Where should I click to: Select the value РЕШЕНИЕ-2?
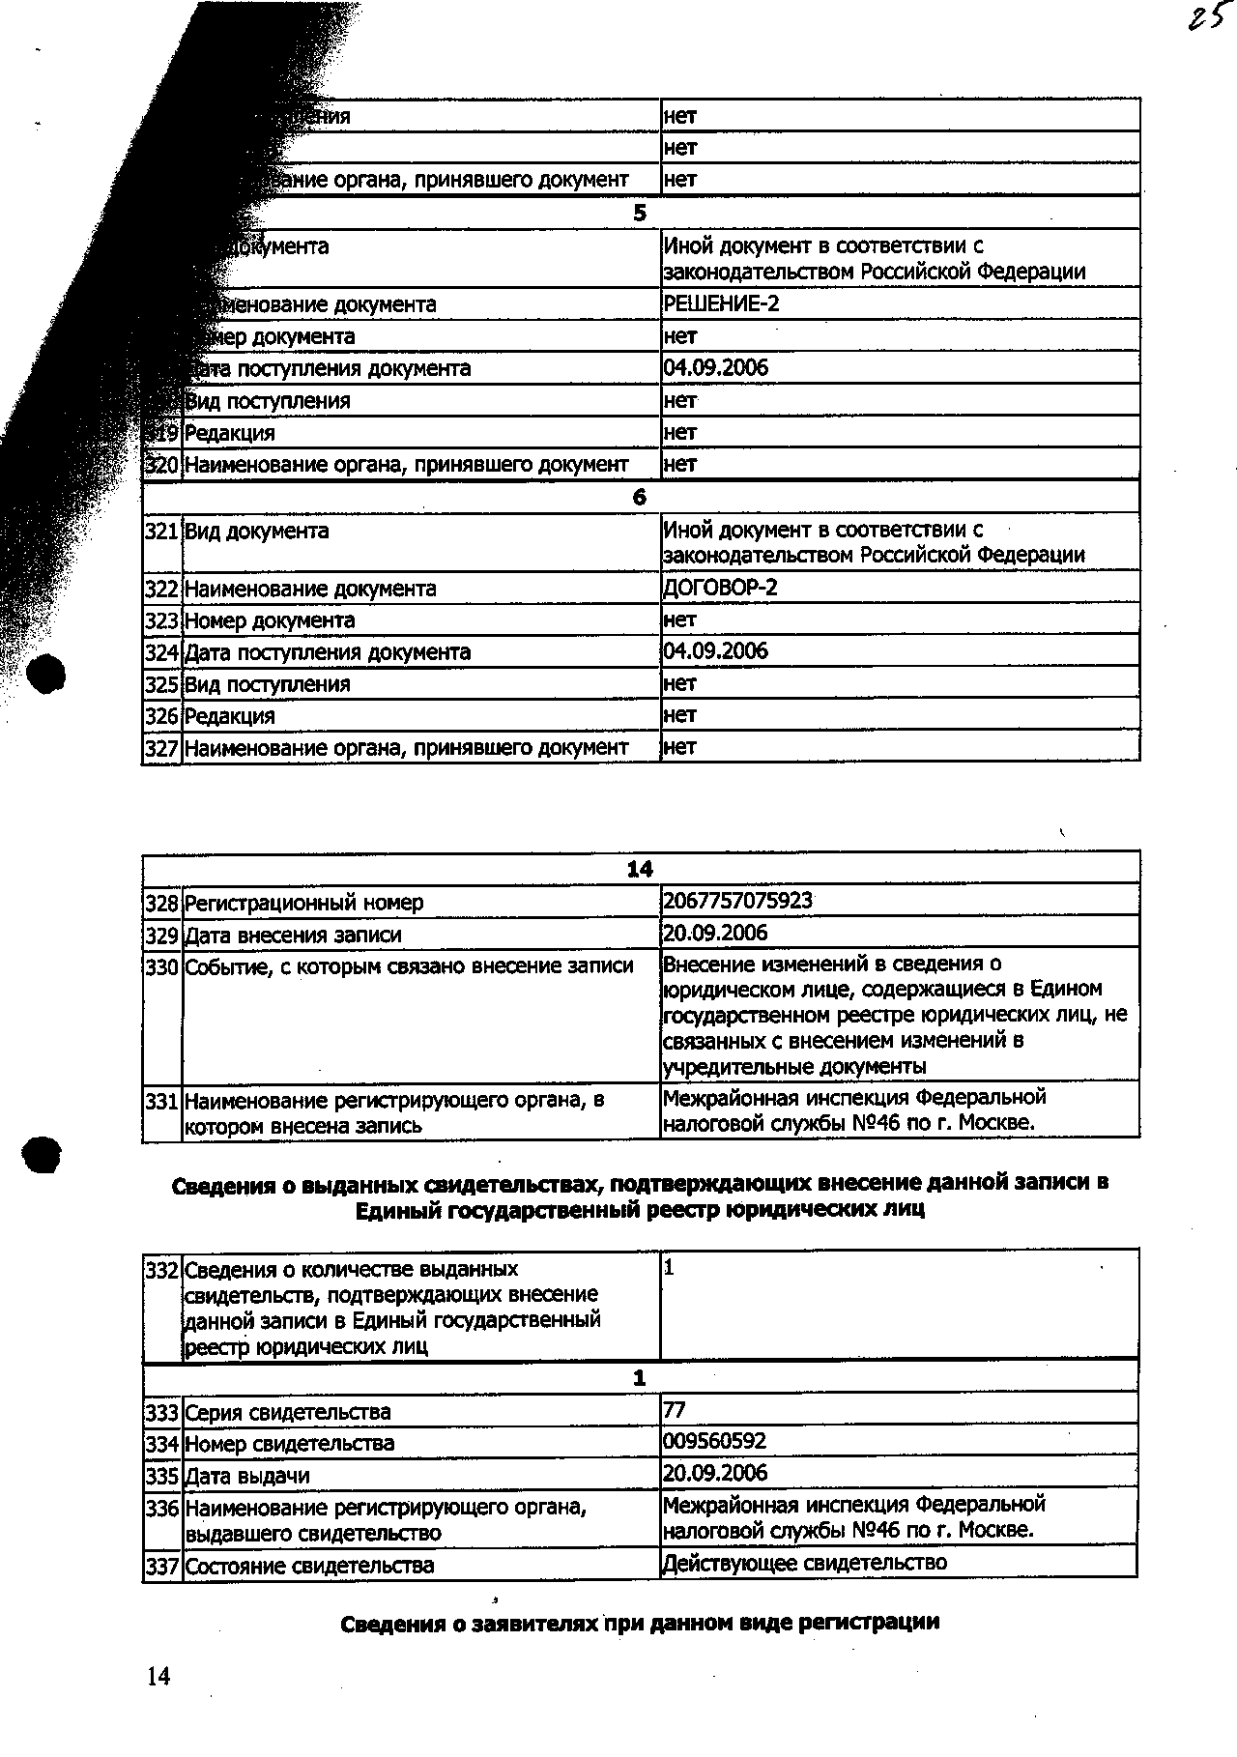click(x=721, y=304)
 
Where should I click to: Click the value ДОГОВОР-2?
click(x=721, y=589)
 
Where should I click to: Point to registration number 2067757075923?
click(x=738, y=902)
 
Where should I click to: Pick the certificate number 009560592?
click(x=715, y=1442)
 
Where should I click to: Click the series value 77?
click(x=675, y=1410)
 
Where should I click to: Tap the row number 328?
click(x=161, y=904)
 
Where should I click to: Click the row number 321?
click(x=161, y=532)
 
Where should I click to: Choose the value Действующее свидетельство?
click(x=804, y=1563)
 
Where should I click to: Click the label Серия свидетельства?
click(x=288, y=1413)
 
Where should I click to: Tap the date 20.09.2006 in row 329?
click(x=715, y=934)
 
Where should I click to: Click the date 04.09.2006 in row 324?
click(x=715, y=651)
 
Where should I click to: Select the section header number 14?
click(x=640, y=869)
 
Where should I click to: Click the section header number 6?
click(x=639, y=497)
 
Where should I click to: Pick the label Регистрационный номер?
click(x=303, y=904)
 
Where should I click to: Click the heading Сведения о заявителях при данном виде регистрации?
click(x=640, y=1624)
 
